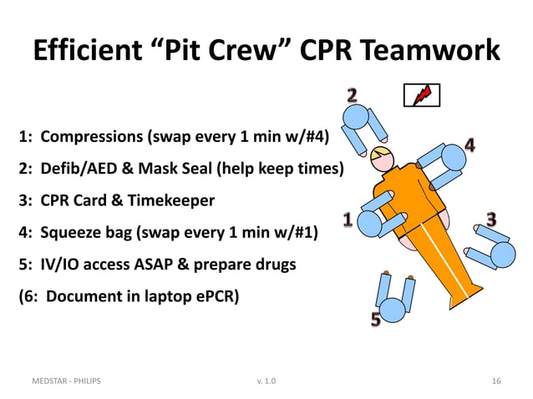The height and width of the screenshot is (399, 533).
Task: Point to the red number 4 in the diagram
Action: [470, 146]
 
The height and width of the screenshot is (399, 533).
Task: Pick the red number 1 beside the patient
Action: [348, 220]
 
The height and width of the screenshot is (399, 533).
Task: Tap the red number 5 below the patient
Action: [376, 319]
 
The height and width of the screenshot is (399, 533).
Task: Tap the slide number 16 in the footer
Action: [497, 381]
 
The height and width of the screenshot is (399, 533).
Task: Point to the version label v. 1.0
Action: [268, 381]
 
